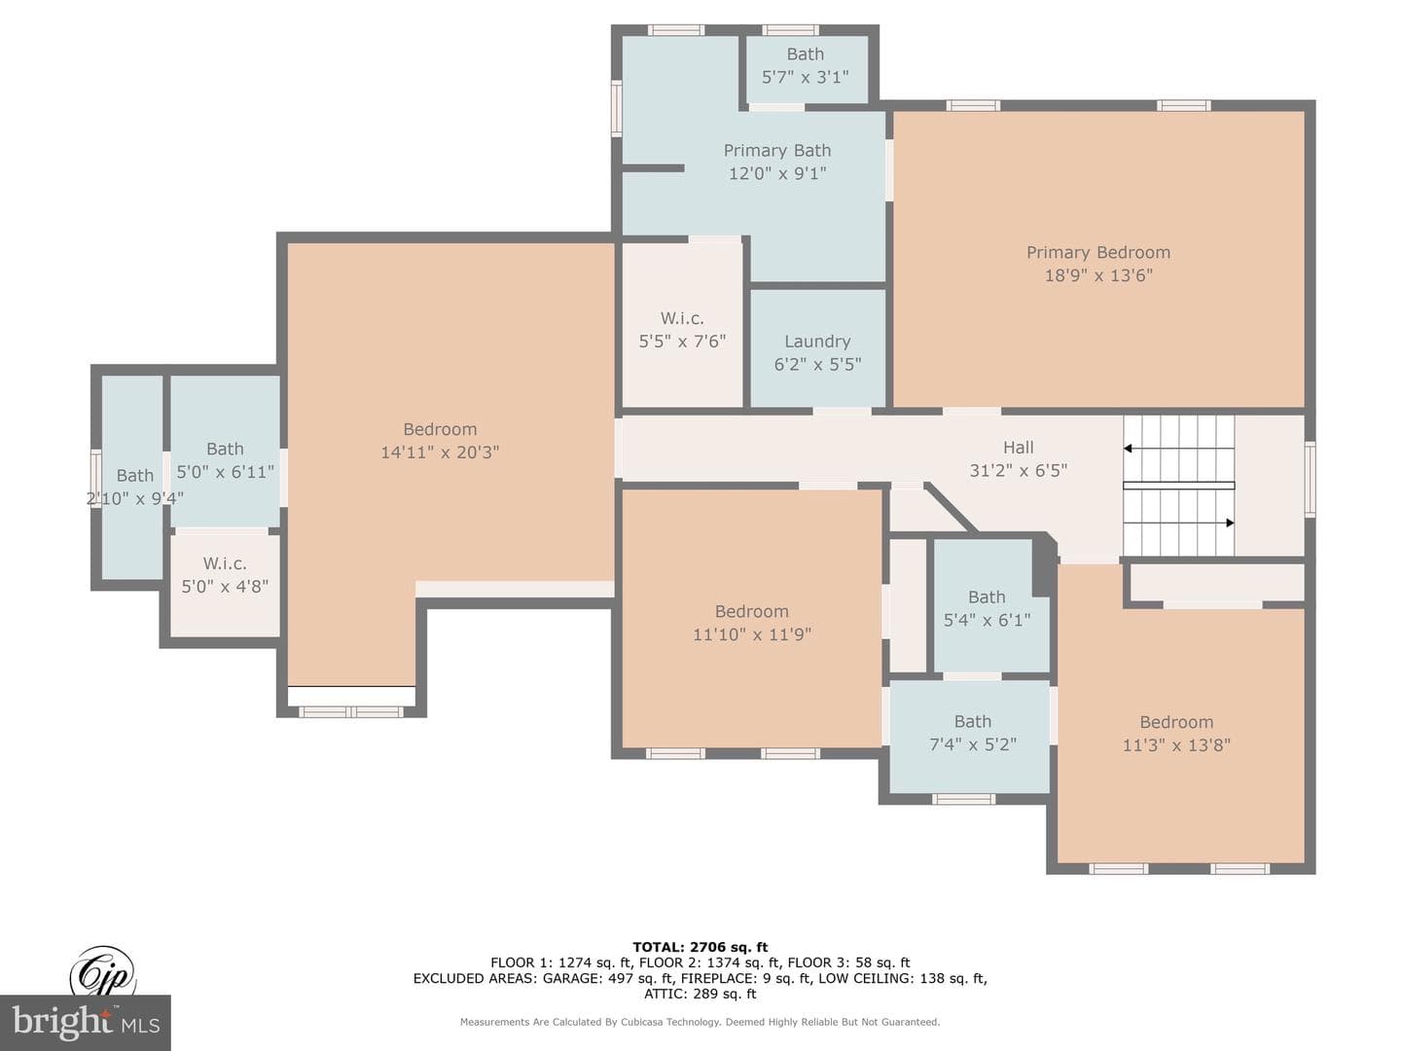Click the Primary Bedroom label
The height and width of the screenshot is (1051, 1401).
[x=1097, y=253]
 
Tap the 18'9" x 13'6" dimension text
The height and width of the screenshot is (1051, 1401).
[x=1098, y=275]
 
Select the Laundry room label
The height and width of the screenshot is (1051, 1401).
[x=817, y=342]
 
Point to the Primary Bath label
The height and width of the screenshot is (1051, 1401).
[x=777, y=151]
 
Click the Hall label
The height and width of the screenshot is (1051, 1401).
[x=1019, y=448]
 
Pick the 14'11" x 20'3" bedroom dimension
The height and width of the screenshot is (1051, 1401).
[x=440, y=453]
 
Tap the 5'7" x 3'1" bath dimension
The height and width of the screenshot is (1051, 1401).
[x=806, y=77]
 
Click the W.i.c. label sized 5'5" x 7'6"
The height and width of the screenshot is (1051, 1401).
[x=682, y=318]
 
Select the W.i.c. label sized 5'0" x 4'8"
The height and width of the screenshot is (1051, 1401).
[x=225, y=563]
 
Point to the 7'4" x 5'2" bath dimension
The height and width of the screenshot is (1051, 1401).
[x=973, y=744]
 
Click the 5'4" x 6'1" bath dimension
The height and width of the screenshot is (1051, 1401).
[x=987, y=620]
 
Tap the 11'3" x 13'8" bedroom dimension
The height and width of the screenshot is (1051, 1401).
[x=1176, y=745]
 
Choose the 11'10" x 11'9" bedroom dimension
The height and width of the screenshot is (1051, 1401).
[x=752, y=634]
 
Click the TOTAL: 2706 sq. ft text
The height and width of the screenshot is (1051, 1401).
[x=700, y=947]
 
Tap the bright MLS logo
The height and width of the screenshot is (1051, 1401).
[x=86, y=1022]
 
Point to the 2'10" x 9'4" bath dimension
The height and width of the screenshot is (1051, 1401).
[x=134, y=498]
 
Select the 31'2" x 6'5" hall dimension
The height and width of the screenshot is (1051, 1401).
[x=1019, y=471]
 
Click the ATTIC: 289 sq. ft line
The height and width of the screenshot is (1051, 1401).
[x=700, y=994]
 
